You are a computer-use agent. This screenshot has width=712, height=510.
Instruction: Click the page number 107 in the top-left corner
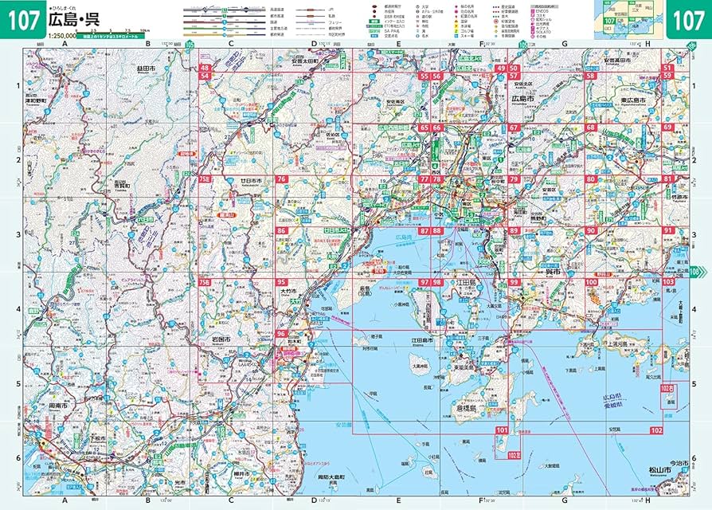pyautogui.click(x=22, y=21)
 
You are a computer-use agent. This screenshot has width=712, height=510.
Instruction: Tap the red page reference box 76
pyautogui.click(x=281, y=180)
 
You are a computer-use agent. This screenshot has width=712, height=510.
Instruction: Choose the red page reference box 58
pyautogui.click(x=591, y=76)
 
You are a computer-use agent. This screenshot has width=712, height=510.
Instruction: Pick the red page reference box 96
pyautogui.click(x=281, y=334)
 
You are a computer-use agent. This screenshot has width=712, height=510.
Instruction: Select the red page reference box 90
pyautogui.click(x=591, y=231)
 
